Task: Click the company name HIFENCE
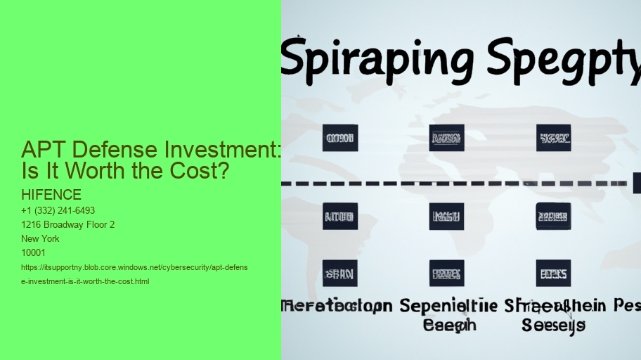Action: point(51,195)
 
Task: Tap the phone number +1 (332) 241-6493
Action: point(58,211)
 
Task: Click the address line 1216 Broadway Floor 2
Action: point(68,225)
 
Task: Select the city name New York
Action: point(41,239)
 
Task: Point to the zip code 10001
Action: point(34,253)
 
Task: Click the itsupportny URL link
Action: point(134,274)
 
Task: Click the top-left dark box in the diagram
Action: point(340,138)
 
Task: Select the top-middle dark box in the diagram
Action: point(446,138)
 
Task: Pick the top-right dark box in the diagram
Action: point(553,138)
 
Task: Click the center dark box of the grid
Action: point(446,216)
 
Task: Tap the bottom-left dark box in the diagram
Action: point(340,274)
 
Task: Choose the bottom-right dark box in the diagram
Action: point(553,274)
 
